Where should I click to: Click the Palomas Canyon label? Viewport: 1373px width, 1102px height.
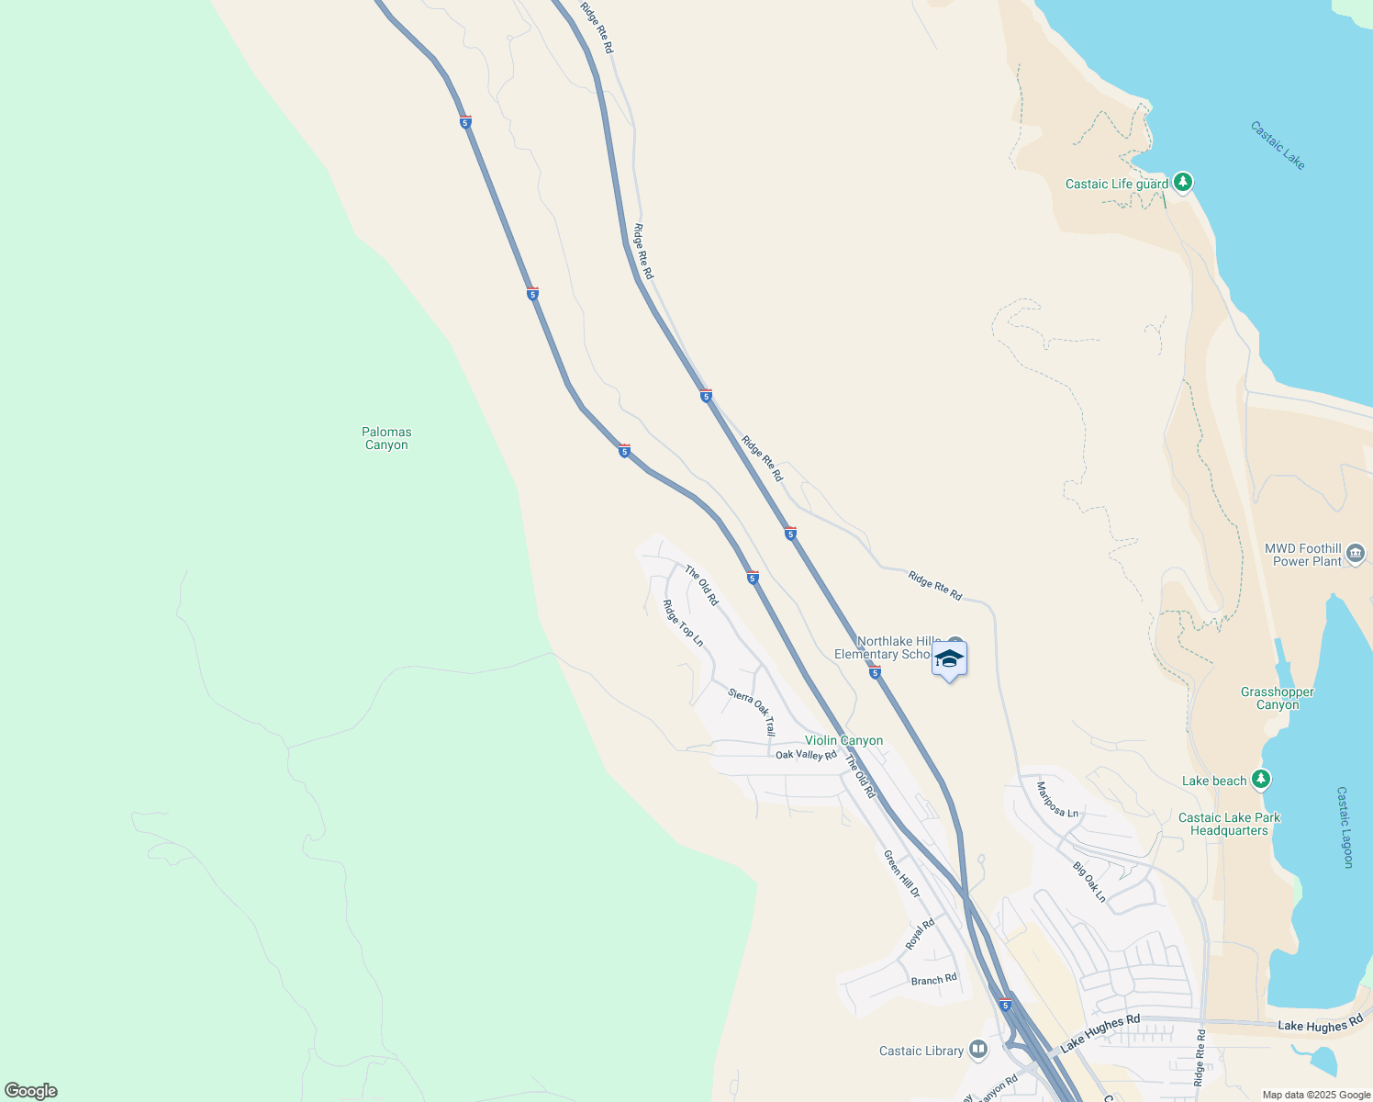point(386,438)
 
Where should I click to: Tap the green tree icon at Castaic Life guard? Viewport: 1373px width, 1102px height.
point(1183,183)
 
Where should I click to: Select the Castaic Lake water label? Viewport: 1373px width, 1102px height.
point(1277,145)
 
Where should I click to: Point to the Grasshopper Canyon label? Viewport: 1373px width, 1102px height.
point(1277,699)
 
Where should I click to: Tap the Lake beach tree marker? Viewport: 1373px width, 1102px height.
point(1262,780)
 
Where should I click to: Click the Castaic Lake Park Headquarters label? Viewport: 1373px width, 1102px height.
point(1229,824)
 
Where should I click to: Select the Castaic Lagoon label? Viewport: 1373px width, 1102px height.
point(1345,826)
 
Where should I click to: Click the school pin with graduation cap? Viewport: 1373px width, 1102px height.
point(949,659)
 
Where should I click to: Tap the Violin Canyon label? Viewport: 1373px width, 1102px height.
point(843,740)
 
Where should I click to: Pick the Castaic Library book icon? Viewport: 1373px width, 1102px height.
point(978,1049)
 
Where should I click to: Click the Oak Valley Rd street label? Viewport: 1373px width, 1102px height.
point(806,755)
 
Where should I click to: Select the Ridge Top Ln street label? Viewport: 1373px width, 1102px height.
point(683,624)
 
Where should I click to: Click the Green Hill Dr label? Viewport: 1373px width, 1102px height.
point(901,873)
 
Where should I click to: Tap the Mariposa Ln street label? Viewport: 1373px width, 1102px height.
point(1057,800)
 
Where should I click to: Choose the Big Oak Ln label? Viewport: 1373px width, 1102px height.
point(1089,882)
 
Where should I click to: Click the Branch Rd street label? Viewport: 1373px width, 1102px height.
point(933,980)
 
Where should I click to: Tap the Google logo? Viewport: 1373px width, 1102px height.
point(31,1091)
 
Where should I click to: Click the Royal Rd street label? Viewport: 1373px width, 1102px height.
point(919,934)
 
